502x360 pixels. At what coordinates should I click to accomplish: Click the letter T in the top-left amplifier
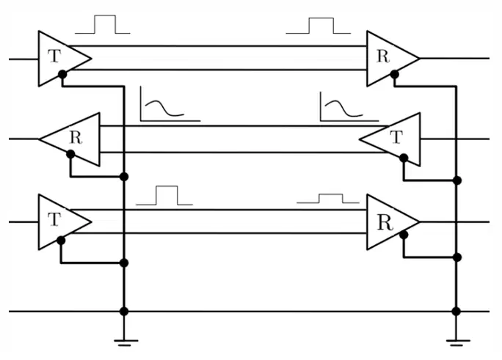(x=54, y=56)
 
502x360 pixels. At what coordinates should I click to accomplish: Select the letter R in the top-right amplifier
(x=383, y=56)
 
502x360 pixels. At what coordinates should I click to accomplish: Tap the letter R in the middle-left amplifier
(x=76, y=138)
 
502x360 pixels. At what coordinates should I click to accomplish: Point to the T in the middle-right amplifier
(x=396, y=137)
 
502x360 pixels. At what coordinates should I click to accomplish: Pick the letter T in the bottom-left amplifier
(x=54, y=219)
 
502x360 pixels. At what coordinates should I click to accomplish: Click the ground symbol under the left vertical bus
(x=124, y=342)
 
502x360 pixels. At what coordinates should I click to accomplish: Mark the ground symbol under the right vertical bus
(x=456, y=342)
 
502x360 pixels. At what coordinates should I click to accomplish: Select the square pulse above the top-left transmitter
(x=103, y=24)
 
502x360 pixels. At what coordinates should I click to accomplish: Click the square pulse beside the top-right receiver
(x=319, y=26)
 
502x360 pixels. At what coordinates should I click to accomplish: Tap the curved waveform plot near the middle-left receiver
(x=170, y=104)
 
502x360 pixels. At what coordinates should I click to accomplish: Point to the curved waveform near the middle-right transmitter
(x=349, y=106)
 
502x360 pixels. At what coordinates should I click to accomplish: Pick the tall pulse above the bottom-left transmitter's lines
(x=164, y=195)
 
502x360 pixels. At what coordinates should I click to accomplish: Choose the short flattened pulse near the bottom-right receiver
(x=328, y=199)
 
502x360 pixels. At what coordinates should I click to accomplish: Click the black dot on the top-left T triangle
(x=62, y=75)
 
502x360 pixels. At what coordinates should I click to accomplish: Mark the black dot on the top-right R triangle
(x=394, y=75)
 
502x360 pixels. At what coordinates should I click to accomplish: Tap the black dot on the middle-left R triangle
(x=70, y=155)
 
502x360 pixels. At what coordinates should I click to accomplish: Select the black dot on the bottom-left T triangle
(x=61, y=240)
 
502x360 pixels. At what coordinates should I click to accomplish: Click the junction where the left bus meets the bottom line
(x=124, y=311)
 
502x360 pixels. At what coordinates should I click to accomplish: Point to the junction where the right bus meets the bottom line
(x=456, y=311)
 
